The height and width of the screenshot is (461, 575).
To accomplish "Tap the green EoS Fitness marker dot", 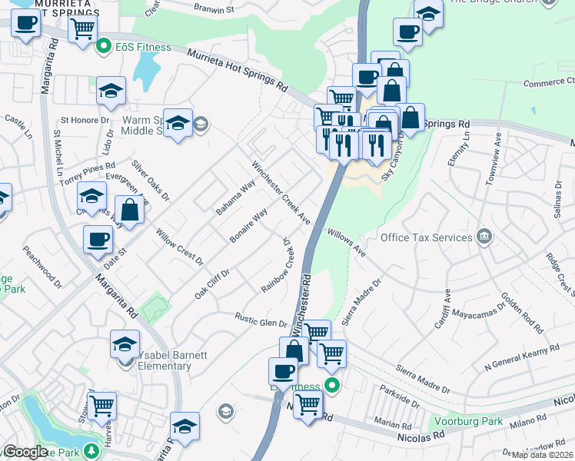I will (105, 48).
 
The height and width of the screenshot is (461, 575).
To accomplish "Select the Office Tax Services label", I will (425, 237).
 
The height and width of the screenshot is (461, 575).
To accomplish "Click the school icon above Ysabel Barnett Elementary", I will (125, 345).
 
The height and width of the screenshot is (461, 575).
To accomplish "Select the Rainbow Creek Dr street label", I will (279, 268).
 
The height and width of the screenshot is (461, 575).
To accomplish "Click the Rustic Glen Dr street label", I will (261, 320).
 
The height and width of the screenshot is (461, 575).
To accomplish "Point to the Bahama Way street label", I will (235, 197).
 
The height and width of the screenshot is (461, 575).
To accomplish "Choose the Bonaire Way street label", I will (249, 225).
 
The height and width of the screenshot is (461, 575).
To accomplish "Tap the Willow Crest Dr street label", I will (178, 247).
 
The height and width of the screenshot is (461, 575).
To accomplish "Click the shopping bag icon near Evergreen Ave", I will (131, 211).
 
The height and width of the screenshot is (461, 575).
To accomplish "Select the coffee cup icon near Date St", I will (98, 239).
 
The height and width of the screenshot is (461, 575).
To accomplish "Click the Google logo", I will (25, 452).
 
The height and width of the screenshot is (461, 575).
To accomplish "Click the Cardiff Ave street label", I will (447, 306).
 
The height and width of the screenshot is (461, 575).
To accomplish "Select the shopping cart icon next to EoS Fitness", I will (81, 31).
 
